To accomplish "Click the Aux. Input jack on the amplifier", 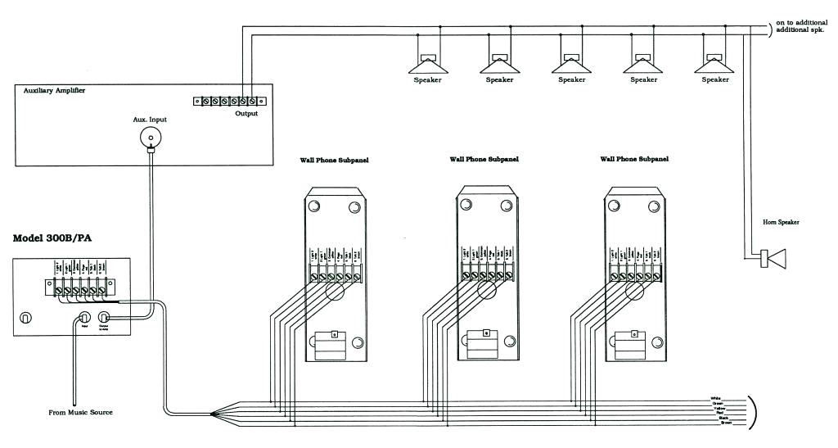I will coord(150,137).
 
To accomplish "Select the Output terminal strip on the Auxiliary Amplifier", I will coord(229,102).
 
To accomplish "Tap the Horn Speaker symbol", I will coord(773,259).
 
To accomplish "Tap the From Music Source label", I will coord(79,413).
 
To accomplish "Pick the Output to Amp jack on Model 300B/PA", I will coord(104,318).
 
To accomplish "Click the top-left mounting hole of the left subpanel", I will coord(313,207).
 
